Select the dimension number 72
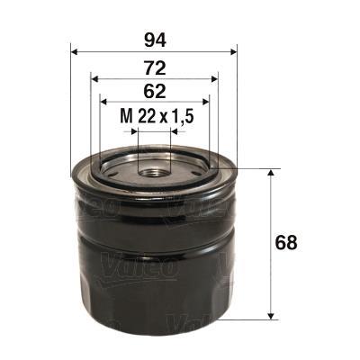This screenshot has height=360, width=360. click(153, 66)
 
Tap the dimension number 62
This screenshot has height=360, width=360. click(153, 89)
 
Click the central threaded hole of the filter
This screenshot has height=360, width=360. click(153, 167)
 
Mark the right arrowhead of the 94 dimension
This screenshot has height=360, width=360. click(231, 50)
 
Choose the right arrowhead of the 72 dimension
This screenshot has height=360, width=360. click(213, 78)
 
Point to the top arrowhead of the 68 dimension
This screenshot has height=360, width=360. click(271, 172)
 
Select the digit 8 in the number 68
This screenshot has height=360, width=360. click(292, 243)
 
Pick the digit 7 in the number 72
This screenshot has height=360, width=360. click(146, 66)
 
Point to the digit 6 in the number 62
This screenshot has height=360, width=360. click(146, 89)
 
